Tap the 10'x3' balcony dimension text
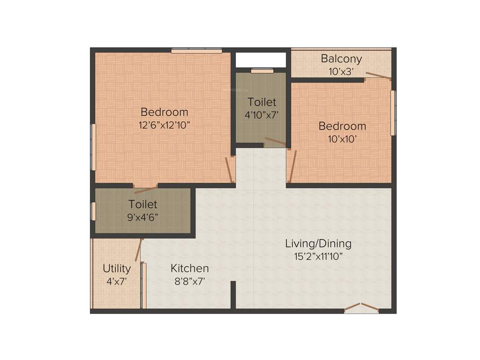coord(341,71)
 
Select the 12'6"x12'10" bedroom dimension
coord(164,125)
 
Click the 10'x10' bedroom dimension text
coord(342,139)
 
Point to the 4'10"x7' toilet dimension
coord(262,114)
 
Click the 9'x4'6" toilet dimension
coord(143,217)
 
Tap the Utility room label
coord(117,269)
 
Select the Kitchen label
coord(189,269)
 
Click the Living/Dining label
coord(318,244)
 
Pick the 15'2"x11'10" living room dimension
coord(318,256)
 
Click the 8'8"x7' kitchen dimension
coord(189,281)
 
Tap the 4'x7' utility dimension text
coord(117,281)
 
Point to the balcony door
coord(378,76)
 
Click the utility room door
coord(138,250)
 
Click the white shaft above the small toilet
coord(261,60)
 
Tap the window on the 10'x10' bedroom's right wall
coord(393,112)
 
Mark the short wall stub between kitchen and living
coord(233,294)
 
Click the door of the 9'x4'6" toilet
coord(146,189)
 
